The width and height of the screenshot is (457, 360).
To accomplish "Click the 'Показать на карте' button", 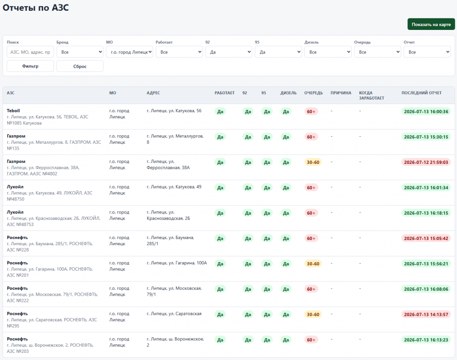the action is pyautogui.click(x=431, y=24).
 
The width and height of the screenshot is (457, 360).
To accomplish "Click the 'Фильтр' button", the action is pyautogui.click(x=30, y=66).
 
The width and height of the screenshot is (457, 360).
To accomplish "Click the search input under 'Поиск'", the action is pyautogui.click(x=30, y=52).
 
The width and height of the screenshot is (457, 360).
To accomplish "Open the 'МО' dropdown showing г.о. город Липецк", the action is pyautogui.click(x=129, y=52).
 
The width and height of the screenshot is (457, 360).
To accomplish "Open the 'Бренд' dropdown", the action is pyautogui.click(x=80, y=52).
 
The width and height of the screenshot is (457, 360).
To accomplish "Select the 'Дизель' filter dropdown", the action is pyautogui.click(x=328, y=52).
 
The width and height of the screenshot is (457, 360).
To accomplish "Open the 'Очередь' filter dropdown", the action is pyautogui.click(x=378, y=52).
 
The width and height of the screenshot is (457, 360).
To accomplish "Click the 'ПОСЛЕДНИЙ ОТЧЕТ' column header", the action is pyautogui.click(x=421, y=93).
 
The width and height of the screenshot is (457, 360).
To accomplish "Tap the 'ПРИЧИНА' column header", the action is pyautogui.click(x=341, y=93).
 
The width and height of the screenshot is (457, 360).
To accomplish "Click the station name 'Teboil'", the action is pyautogui.click(x=13, y=111).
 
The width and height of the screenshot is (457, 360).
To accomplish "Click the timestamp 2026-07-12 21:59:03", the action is pyautogui.click(x=426, y=162).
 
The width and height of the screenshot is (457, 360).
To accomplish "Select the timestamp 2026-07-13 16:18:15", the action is pyautogui.click(x=426, y=213).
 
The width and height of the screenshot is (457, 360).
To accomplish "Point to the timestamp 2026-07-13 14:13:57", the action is pyautogui.click(x=426, y=314).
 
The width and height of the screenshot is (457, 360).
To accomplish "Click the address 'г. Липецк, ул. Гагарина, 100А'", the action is pyautogui.click(x=177, y=263).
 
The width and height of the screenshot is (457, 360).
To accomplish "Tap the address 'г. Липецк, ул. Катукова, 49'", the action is pyautogui.click(x=174, y=187).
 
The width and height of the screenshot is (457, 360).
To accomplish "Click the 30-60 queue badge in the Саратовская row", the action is pyautogui.click(x=313, y=314).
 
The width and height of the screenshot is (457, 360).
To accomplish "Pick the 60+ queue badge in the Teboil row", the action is pyautogui.click(x=311, y=112).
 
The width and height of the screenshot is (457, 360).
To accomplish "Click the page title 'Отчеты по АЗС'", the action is pyautogui.click(x=36, y=8).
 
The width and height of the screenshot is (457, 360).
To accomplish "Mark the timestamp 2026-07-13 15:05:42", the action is pyautogui.click(x=426, y=239).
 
